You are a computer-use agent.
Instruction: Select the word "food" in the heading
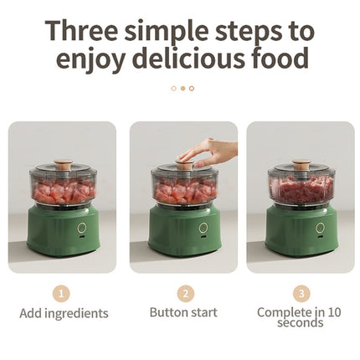[x=277, y=58]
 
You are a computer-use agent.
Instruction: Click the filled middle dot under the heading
[x=183, y=89]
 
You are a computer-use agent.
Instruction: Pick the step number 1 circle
[x=61, y=294]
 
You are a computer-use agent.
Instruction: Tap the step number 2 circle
[x=186, y=294]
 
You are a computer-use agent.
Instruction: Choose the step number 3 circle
[x=301, y=294]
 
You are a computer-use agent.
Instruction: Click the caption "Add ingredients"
[x=64, y=313]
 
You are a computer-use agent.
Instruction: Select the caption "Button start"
[x=183, y=312]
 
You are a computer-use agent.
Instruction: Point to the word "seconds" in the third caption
[x=301, y=323]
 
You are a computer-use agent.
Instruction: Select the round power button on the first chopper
[x=82, y=228]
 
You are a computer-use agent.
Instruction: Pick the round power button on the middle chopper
[x=203, y=228]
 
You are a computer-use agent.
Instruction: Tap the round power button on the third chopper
[x=320, y=228]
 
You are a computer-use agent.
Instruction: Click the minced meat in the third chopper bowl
[x=301, y=190]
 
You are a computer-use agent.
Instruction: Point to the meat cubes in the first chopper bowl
[x=64, y=192]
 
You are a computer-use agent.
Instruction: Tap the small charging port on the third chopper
[x=321, y=238]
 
